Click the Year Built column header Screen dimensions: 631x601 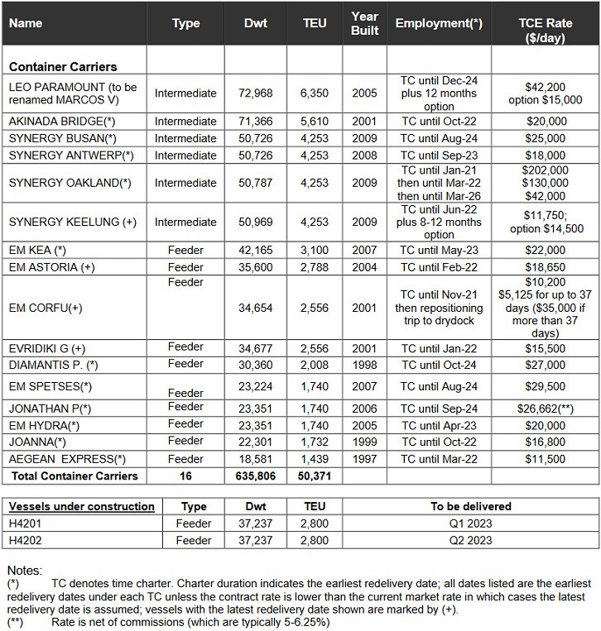[364, 23]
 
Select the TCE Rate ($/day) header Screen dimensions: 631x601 [545, 23]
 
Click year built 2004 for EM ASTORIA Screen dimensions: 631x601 [364, 267]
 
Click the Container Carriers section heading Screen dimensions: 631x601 [63, 66]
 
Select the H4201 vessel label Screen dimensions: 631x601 [26, 523]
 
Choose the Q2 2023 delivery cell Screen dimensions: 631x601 [471, 540]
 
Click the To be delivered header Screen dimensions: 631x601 [471, 506]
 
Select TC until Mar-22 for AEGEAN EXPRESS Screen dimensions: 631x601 [438, 459]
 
